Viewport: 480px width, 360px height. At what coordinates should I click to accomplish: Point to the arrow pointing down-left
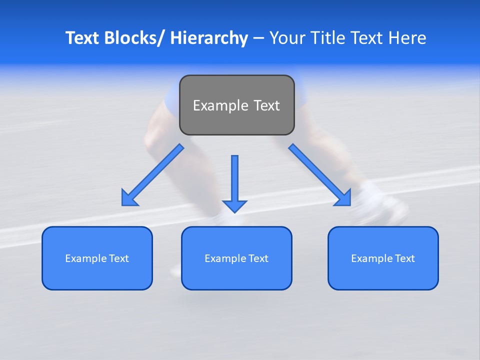152,175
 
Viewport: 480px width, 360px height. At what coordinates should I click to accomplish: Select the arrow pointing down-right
319,175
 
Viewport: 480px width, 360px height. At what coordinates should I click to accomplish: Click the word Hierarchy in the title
209,38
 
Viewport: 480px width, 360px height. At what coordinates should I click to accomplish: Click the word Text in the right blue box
404,258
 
